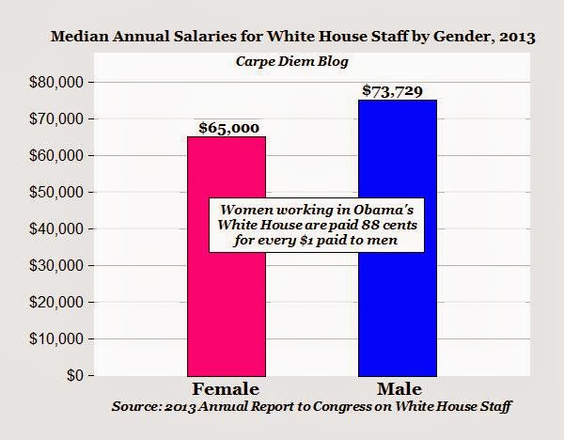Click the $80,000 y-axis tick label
[58, 83]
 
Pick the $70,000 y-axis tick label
[58, 119]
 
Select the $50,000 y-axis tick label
[58, 193]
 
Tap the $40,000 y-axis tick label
[58, 229]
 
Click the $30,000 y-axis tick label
[58, 266]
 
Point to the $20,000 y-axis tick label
[58, 303]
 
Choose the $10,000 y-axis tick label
[58, 339]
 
